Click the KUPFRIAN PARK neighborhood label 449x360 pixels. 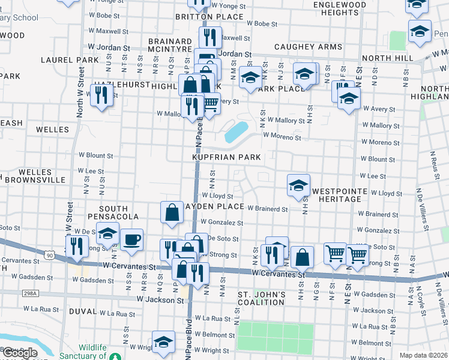click(226, 157)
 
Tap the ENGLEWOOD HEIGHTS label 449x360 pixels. click(340, 8)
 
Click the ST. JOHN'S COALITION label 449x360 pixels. click(261, 298)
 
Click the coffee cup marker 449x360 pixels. click(131, 239)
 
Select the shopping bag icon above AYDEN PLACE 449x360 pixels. click(172, 212)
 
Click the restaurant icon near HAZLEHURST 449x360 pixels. click(101, 94)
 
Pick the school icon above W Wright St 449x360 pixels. click(163, 342)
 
